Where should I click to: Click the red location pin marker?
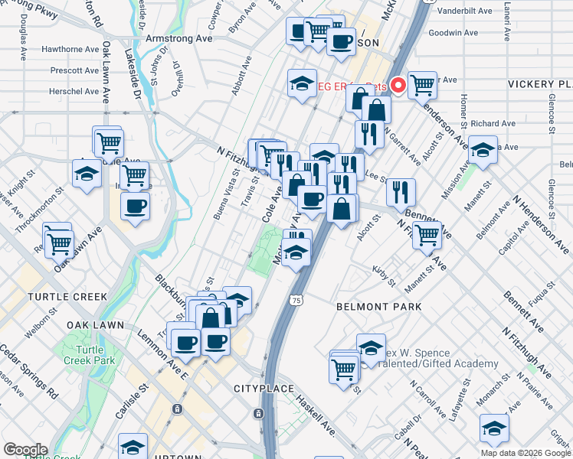click(398, 85)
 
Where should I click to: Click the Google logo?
click(25, 450)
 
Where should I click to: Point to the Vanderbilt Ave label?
click(469, 12)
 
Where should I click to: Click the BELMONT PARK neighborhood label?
click(379, 307)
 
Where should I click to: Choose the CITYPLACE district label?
click(264, 389)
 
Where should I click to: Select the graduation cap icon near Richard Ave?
click(483, 151)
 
